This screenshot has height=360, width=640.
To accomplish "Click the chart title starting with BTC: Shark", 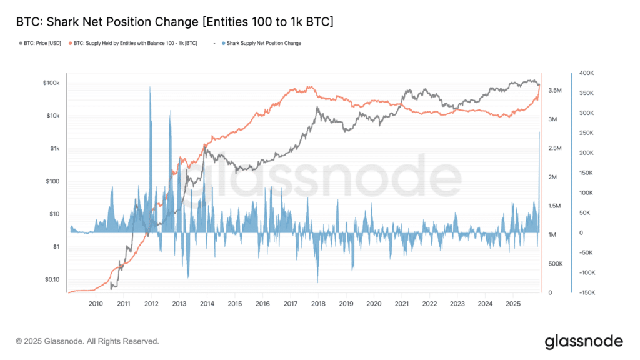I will (x=174, y=22).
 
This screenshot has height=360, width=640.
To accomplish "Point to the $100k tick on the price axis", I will (x=50, y=83).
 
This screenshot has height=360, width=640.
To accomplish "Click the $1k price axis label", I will (x=54, y=149).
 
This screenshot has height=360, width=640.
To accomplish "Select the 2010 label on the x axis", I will (x=96, y=303).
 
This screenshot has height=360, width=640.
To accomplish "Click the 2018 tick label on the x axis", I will (x=318, y=303).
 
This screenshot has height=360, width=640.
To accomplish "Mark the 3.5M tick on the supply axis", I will (x=557, y=91).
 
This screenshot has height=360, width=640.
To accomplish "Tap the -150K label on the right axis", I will (x=586, y=292).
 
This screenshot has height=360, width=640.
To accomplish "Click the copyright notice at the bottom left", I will (x=87, y=342).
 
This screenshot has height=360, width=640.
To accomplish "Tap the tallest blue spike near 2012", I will (x=150, y=89).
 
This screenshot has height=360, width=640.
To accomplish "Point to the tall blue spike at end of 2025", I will (x=539, y=134).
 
